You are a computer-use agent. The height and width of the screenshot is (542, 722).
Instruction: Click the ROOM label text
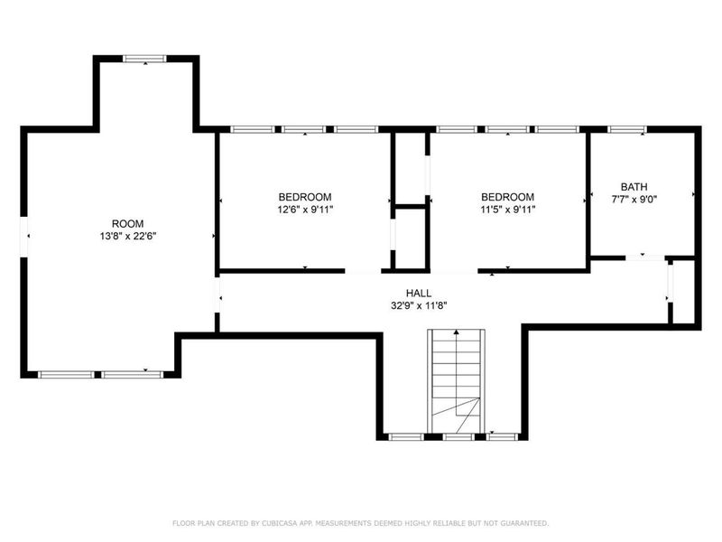click(127, 223)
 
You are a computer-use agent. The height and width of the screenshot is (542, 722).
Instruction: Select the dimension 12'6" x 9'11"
click(304, 210)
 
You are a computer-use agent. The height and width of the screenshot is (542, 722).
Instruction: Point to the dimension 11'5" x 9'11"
click(507, 210)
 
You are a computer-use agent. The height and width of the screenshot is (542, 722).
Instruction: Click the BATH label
click(634, 187)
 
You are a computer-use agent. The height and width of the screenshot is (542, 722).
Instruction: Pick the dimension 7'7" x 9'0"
click(634, 200)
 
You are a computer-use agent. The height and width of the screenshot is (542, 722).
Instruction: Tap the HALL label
click(418, 294)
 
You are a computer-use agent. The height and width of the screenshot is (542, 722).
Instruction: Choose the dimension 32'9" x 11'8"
click(418, 305)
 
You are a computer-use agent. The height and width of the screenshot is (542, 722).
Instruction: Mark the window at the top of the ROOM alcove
click(144, 59)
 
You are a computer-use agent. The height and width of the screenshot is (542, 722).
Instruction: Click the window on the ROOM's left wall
click(25, 237)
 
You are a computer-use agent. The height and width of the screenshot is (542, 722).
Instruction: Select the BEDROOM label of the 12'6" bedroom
click(304, 197)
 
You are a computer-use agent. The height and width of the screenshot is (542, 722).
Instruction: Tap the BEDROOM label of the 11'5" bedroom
click(507, 197)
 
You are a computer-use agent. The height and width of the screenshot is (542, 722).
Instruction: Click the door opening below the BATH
click(643, 257)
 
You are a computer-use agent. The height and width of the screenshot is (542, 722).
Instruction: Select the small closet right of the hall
click(683, 291)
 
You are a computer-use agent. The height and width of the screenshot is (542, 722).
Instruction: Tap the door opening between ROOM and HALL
click(217, 294)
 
